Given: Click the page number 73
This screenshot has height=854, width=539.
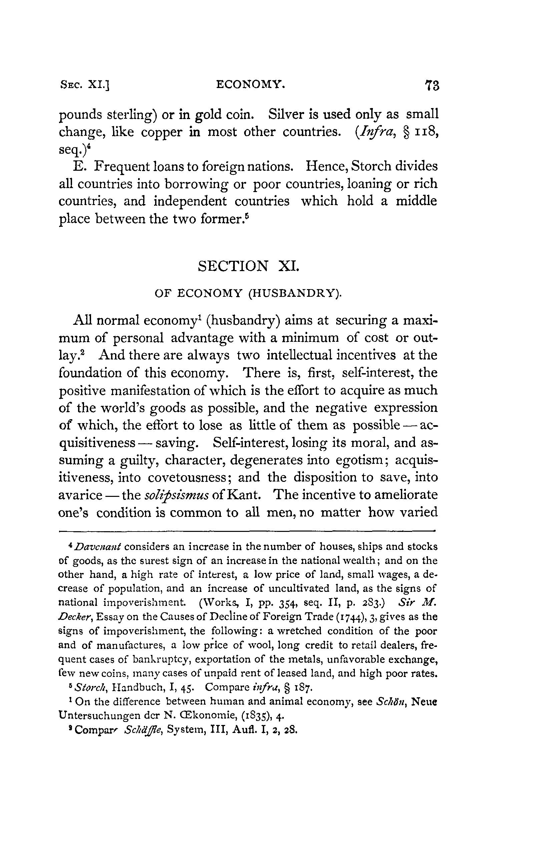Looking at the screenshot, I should click(432, 86).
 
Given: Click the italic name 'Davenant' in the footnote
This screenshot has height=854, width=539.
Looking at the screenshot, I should click(98, 547).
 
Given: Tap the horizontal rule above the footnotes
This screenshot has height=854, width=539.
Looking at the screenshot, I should click(246, 531).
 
